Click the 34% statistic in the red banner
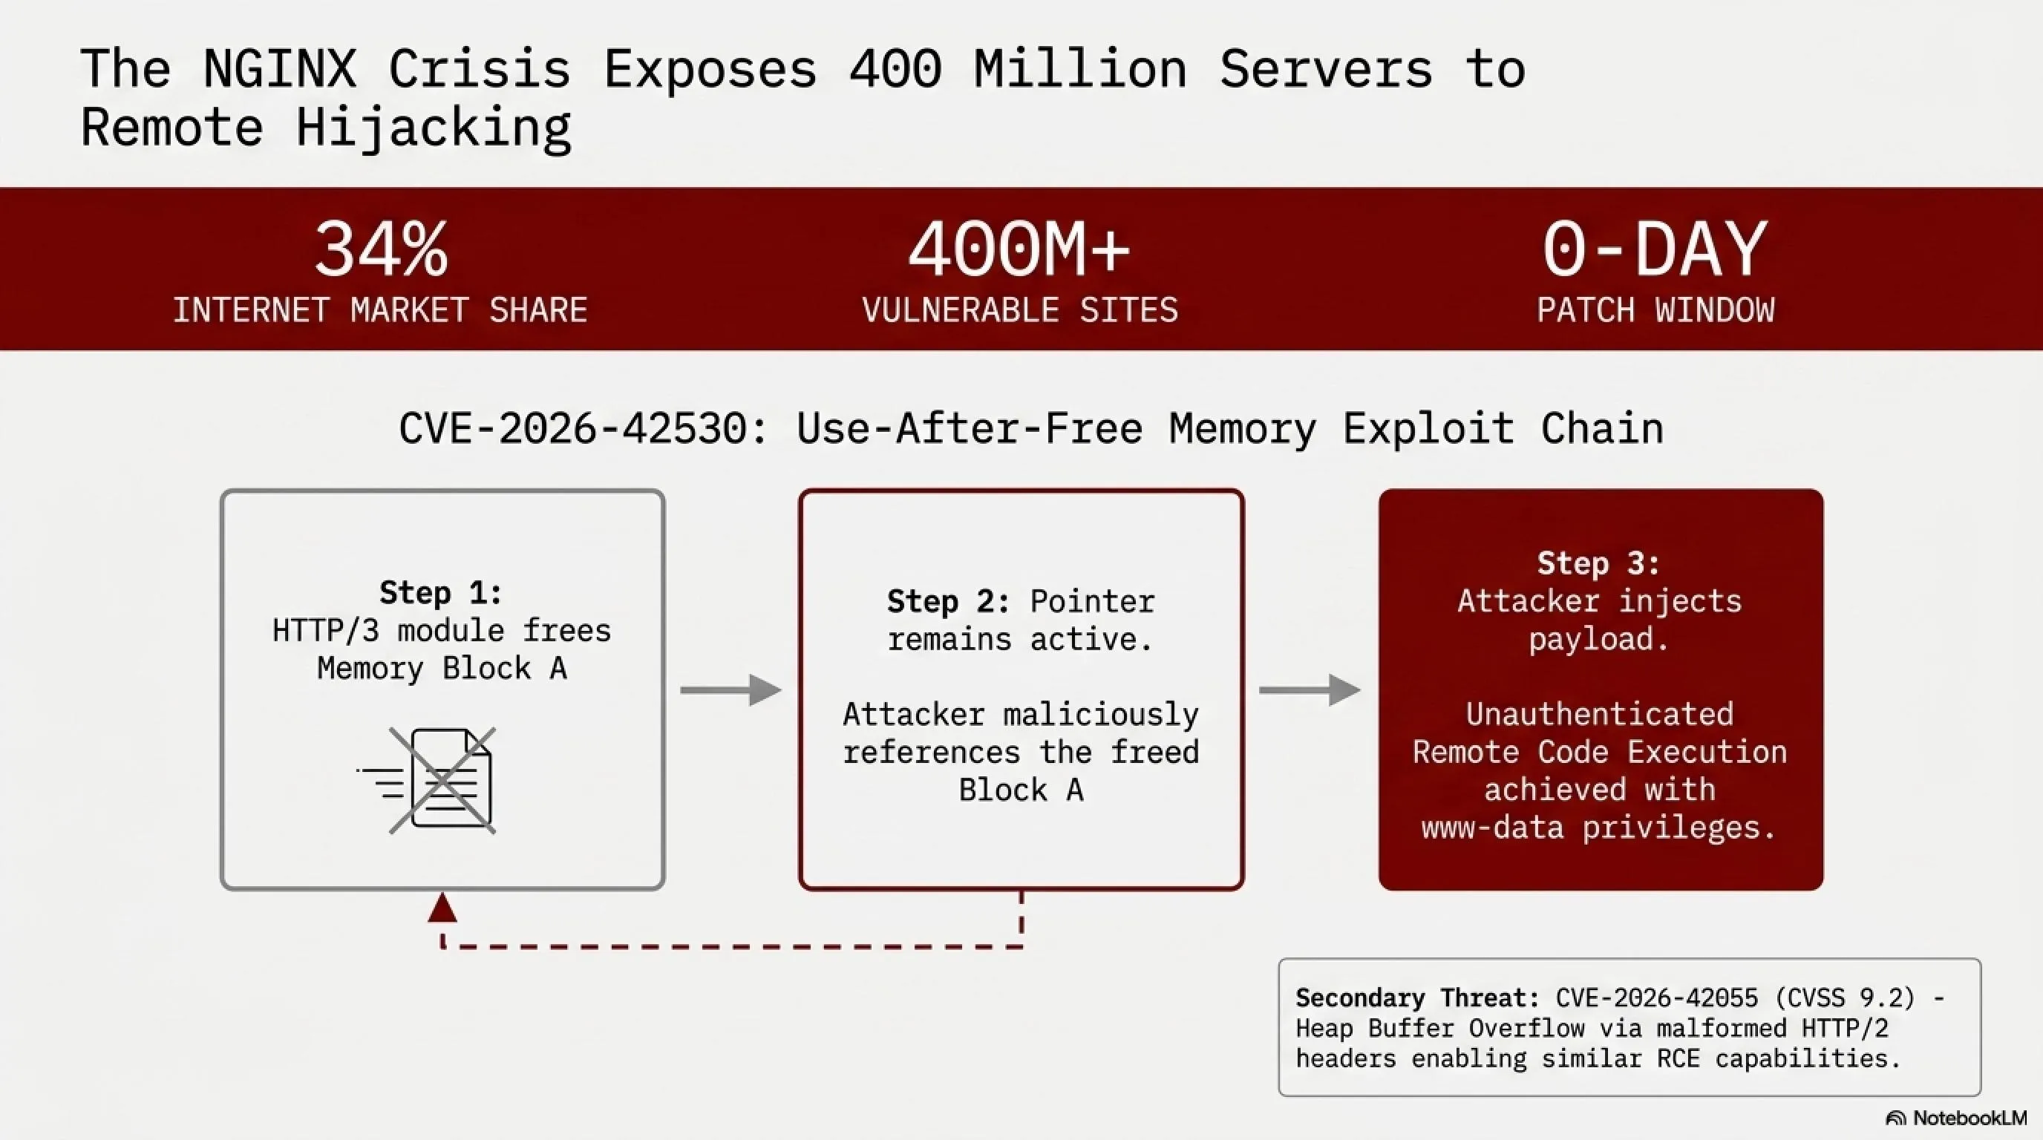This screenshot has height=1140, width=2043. [x=381, y=249]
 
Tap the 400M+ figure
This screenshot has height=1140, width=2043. [x=1019, y=249]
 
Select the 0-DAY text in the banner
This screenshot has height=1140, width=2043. [x=1655, y=249]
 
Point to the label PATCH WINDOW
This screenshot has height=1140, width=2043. [x=1655, y=310]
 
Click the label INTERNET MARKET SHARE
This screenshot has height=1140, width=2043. [x=380, y=310]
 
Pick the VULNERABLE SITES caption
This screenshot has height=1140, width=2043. [x=1020, y=310]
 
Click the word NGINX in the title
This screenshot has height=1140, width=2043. [x=279, y=68]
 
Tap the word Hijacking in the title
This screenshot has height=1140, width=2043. [x=433, y=128]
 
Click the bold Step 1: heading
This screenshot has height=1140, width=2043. [x=441, y=592]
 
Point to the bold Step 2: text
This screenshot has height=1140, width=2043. [x=949, y=602]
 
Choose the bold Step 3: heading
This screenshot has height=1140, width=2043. [x=1599, y=563]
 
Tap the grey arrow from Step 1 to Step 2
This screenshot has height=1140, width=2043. [x=730, y=689]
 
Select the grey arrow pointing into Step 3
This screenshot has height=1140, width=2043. [x=1310, y=689]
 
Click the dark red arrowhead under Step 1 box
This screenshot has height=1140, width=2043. [x=442, y=908]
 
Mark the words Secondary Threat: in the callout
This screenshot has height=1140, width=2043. [x=1417, y=997]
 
